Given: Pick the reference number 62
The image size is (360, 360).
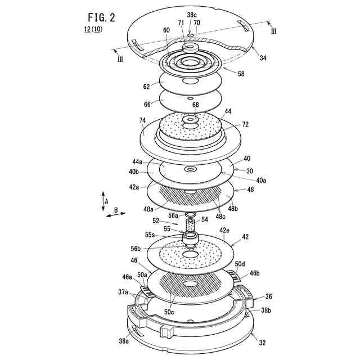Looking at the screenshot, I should [146, 87].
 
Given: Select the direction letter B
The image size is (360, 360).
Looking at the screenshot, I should [116, 211].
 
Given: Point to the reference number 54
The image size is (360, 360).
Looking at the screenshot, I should [205, 219].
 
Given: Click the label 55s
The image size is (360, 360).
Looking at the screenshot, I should [150, 234].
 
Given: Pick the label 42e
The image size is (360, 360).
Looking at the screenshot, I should [224, 230].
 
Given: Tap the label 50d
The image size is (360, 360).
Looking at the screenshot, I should [240, 263].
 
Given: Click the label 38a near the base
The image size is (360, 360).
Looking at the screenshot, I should [124, 340].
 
